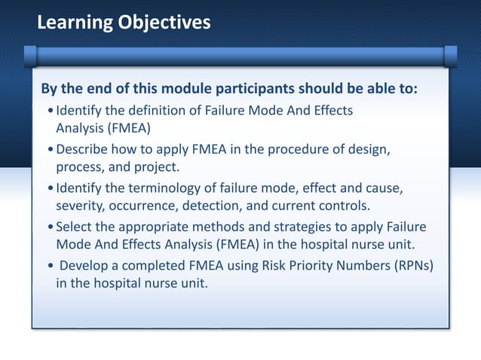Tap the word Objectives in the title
(x=164, y=24)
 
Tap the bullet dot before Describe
(x=50, y=150)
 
